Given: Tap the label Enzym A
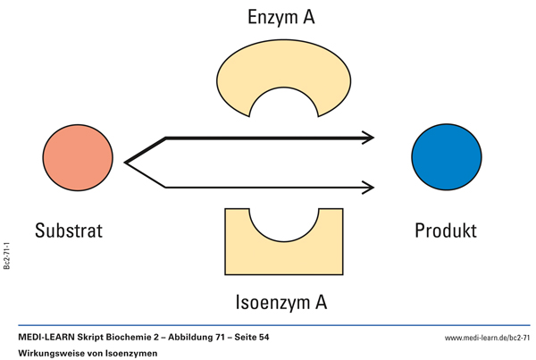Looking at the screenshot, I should point(281,17).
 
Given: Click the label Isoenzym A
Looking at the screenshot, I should point(281,301).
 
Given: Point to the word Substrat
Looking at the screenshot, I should point(69,230).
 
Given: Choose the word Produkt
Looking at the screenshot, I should point(446,230).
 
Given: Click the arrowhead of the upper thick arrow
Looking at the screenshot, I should point(367,138).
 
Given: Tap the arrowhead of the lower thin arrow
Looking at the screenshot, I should point(367,188).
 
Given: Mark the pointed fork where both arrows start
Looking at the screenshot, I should point(128,163).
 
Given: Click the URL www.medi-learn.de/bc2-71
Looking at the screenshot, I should point(487,338).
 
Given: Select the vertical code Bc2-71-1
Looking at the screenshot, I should point(8,255).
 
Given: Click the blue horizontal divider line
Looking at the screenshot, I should point(268,326).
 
